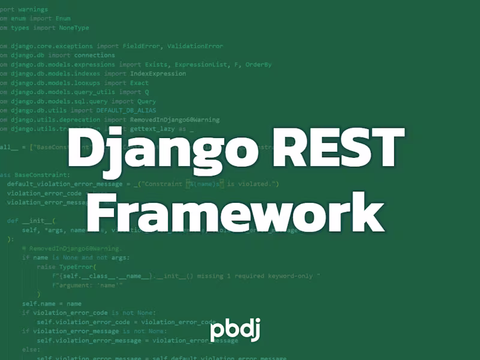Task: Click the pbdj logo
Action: [x=235, y=331]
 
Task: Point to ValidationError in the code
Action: [x=195, y=46]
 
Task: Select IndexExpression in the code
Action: [x=157, y=74]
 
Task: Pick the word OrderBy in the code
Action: [x=259, y=64]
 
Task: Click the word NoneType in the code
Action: [x=74, y=28]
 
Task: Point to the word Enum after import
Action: [x=63, y=19]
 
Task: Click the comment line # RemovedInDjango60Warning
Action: [x=72, y=248]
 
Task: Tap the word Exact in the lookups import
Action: [x=140, y=83]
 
